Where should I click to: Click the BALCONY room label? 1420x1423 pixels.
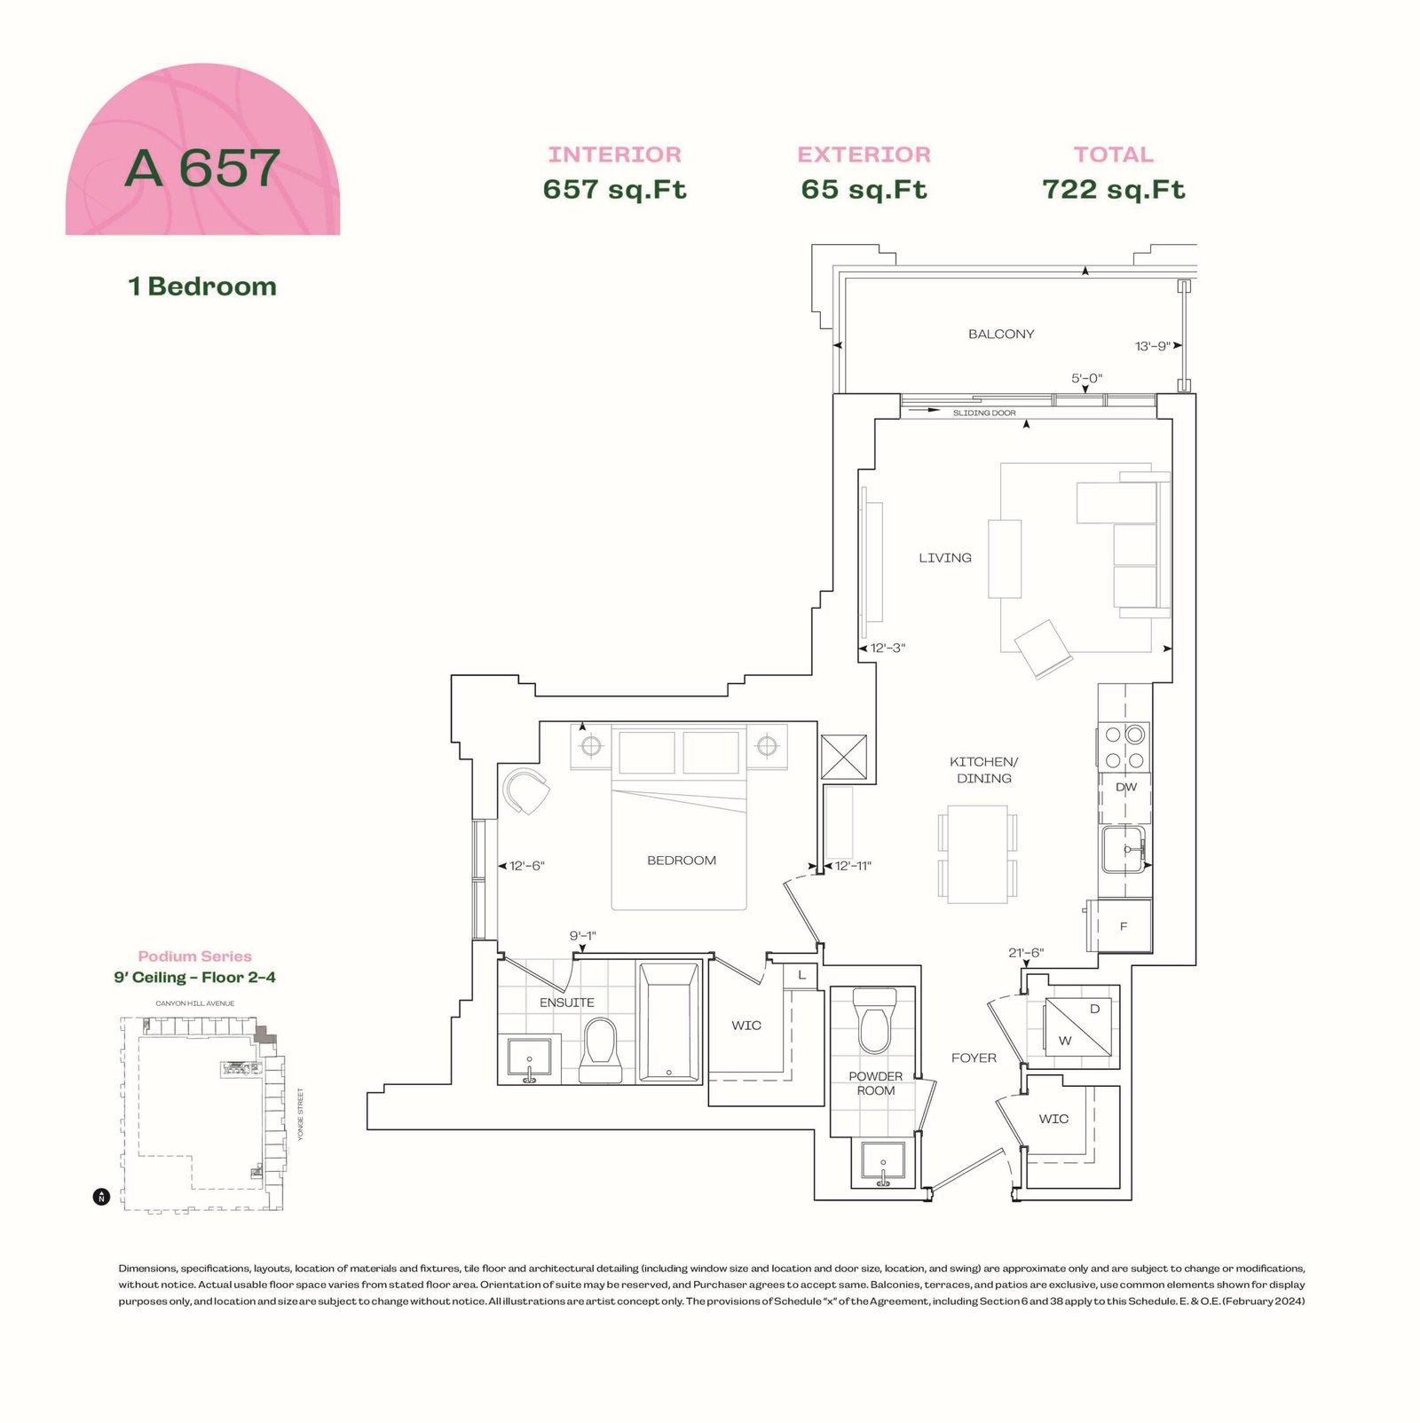pos(1001,334)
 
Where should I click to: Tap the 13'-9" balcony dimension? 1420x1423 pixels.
pos(1153,346)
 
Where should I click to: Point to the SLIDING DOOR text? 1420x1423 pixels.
pos(984,413)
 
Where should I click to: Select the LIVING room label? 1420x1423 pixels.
pos(945,558)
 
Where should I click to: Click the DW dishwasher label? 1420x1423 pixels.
pos(1126,788)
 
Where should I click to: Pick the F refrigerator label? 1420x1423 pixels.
pos(1124,927)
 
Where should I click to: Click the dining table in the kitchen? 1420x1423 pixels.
pos(977,854)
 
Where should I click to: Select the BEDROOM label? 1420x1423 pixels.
pos(682,861)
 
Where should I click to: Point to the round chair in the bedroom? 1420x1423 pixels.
pos(526,791)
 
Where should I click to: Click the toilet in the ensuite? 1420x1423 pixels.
pos(599,1050)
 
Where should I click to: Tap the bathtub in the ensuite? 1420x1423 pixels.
pos(669,1022)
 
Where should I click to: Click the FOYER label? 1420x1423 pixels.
pos(974,1058)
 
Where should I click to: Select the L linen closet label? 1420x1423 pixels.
pos(801,975)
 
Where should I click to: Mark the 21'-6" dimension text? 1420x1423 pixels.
pos(1026,954)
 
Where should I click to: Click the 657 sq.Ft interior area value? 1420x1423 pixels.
pos(615,190)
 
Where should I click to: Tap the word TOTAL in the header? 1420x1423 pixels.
pos(1114,155)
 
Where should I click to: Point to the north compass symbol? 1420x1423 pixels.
pos(101,1197)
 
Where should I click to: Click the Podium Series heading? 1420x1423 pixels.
pos(194,956)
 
